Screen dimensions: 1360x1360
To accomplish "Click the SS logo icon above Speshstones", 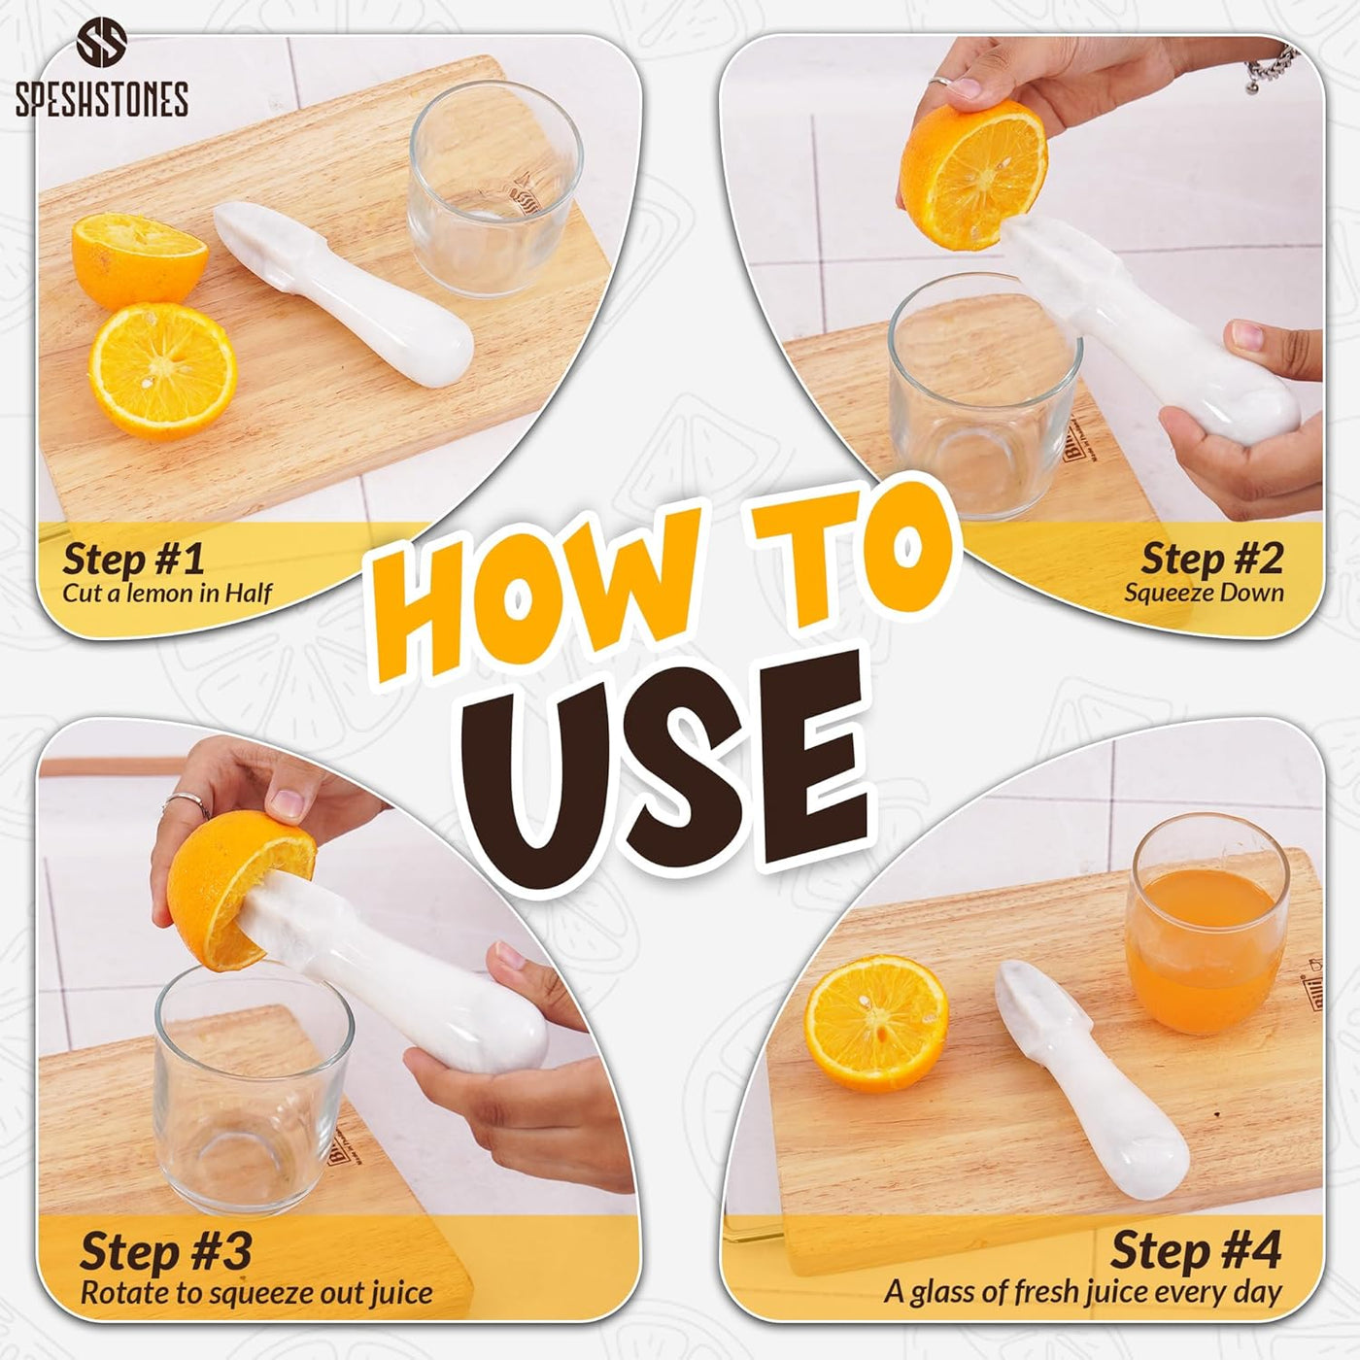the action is (x=102, y=43).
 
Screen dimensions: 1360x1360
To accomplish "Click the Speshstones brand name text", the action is (x=102, y=98).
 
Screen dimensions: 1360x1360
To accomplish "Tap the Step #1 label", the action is (x=133, y=559).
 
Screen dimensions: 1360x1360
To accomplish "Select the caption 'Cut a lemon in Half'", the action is (x=166, y=594).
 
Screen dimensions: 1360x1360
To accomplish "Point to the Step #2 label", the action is (x=1211, y=559).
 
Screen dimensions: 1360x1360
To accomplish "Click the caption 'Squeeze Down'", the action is (x=1204, y=593).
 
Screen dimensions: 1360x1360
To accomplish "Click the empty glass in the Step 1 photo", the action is (x=495, y=188).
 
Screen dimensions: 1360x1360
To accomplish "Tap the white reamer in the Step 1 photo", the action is (x=344, y=293).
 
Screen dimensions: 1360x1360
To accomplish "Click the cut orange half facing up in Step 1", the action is (x=162, y=370).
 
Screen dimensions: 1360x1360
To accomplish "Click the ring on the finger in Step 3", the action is (x=186, y=801).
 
